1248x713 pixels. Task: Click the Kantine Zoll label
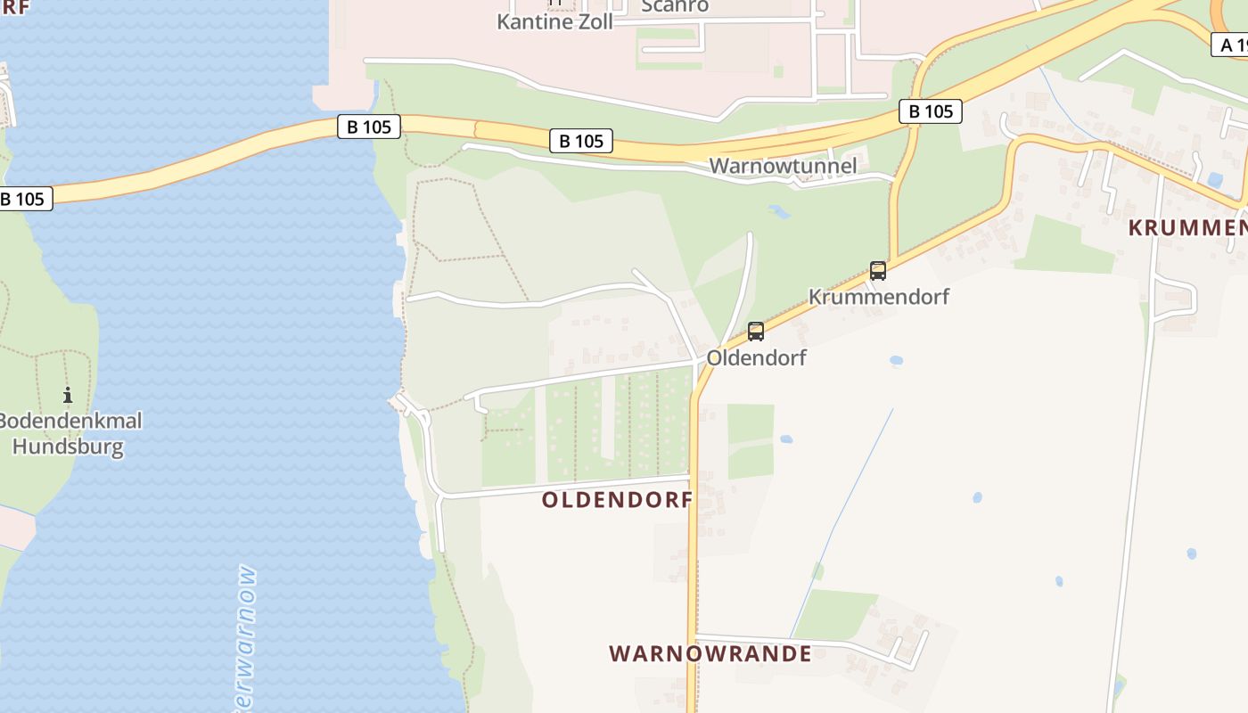coord(554,21)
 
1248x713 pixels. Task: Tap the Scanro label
coord(675,5)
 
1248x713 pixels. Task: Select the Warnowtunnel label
coord(783,166)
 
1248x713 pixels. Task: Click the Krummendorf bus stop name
coord(878,297)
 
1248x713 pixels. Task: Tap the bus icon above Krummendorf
coord(878,271)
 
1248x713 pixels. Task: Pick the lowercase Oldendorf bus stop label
coord(756,357)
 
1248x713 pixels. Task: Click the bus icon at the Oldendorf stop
coord(756,332)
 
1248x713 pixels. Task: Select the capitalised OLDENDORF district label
coord(617,500)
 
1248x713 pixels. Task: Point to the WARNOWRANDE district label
coord(710,654)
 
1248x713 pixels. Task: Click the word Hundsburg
coord(68,446)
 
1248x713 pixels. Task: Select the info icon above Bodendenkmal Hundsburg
coord(68,395)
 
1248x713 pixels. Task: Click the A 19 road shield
coord(1230,45)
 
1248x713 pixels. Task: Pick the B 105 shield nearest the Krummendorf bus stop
coord(931,111)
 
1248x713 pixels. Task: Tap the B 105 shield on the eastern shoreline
coord(369,127)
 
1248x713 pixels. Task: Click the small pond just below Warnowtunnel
coord(778,212)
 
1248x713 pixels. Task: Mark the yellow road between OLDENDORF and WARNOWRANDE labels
coord(693,579)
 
